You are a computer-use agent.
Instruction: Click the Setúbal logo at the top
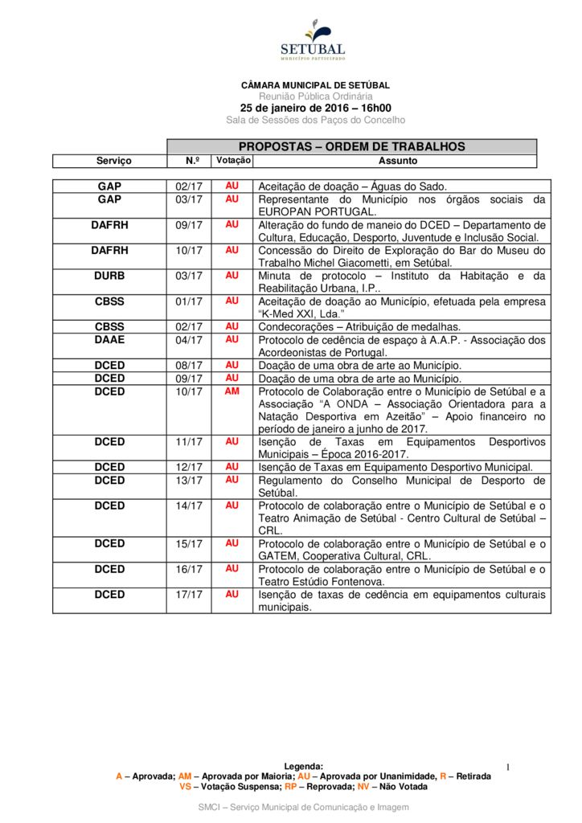[314, 41]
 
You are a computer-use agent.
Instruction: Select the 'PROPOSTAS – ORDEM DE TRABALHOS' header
[351, 146]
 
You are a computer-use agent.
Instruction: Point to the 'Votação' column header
[233, 161]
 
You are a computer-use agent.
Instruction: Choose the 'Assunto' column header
[398, 161]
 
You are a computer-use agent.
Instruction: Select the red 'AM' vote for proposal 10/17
[232, 391]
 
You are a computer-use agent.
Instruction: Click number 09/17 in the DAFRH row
[189, 225]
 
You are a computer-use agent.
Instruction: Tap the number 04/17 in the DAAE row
[189, 340]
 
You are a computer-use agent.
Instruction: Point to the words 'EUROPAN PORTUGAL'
[316, 211]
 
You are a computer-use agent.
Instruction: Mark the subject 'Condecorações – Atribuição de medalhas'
[359, 327]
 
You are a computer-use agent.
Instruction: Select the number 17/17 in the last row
[189, 595]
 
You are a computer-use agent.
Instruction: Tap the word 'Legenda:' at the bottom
[304, 767]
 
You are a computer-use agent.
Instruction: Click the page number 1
[509, 769]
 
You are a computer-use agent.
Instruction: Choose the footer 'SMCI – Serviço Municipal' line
[304, 807]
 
